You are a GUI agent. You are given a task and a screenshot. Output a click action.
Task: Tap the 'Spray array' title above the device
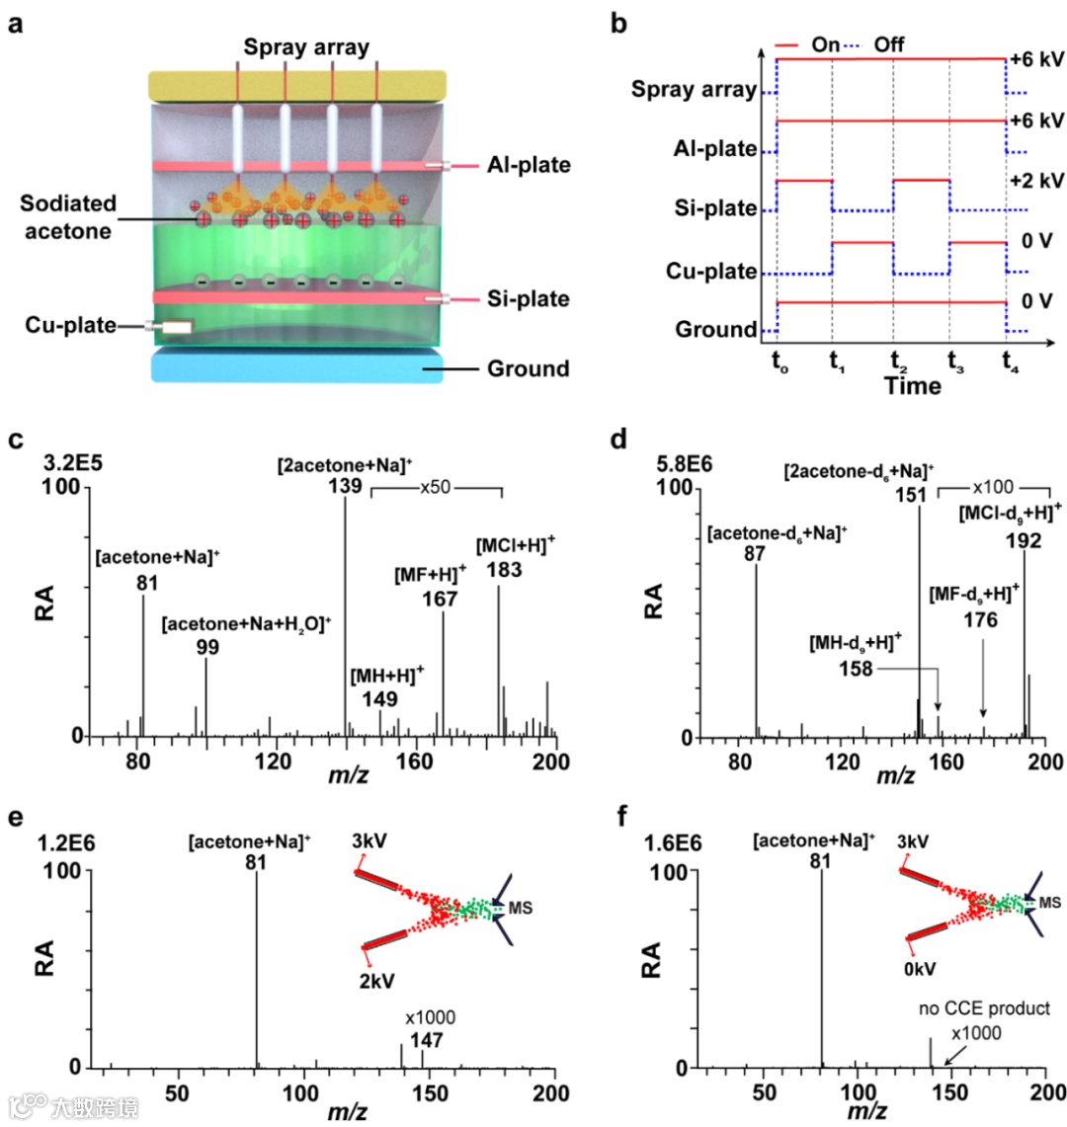click(x=305, y=46)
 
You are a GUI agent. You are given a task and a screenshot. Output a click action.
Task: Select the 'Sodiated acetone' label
click(x=68, y=217)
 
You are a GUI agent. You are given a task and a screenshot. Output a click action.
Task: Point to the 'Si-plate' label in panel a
click(x=529, y=298)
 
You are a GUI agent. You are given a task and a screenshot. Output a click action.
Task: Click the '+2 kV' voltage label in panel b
click(x=1036, y=181)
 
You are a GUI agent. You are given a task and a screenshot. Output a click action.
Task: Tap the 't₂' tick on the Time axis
click(x=897, y=361)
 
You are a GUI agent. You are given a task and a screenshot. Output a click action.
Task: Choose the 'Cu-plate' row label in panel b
click(x=711, y=271)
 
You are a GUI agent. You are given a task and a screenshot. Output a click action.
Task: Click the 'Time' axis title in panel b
click(x=912, y=385)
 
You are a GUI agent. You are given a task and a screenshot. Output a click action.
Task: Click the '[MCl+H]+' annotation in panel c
click(x=516, y=545)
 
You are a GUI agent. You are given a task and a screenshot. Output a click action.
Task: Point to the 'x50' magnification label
click(x=436, y=487)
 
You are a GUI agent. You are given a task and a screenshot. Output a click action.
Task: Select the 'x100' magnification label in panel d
click(x=993, y=487)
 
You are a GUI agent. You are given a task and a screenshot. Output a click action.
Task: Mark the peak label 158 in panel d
click(x=856, y=669)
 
